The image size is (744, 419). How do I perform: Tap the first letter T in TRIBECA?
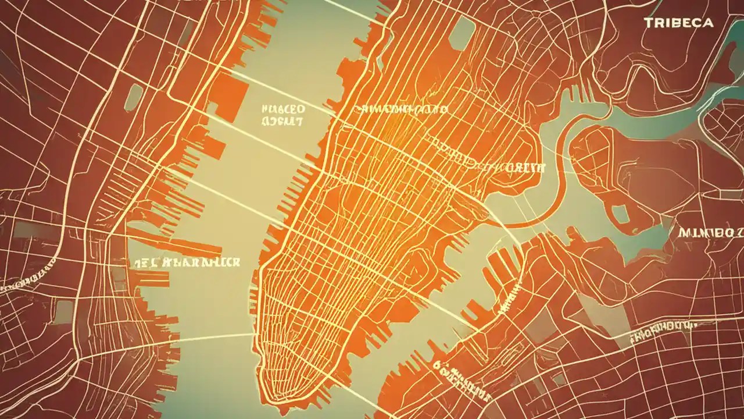point(648,23)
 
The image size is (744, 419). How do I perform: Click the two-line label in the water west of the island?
point(282,115)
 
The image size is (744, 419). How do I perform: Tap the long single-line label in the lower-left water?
point(185,262)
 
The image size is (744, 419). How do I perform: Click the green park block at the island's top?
point(462,32)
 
